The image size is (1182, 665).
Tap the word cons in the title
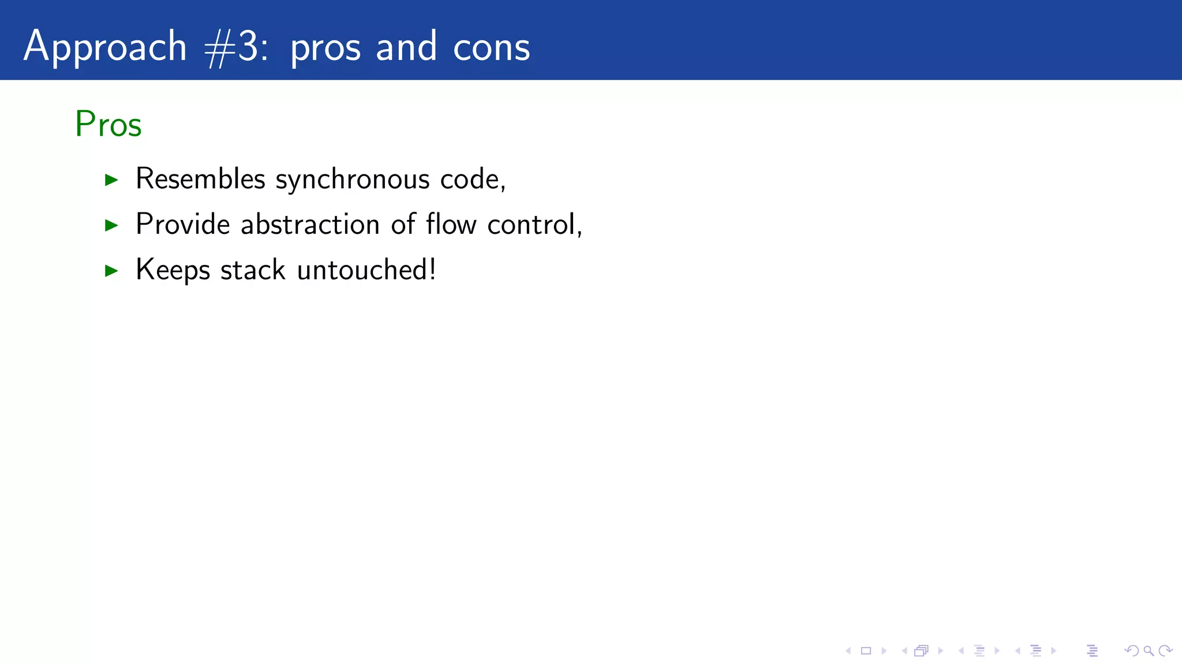[491, 47]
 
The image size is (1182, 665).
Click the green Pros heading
[108, 124]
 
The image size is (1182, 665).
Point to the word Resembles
[200, 178]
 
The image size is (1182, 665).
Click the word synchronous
[352, 180]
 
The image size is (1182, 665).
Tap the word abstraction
[310, 224]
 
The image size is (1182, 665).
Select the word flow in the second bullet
[451, 224]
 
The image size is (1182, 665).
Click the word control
[532, 224]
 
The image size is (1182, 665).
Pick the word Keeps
[173, 270]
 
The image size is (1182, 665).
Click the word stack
[253, 270]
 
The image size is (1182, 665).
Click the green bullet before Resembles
[111, 180]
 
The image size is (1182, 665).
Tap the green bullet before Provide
[111, 225]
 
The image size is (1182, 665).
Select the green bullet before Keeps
[111, 271]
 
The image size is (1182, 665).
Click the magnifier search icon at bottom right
[1149, 651]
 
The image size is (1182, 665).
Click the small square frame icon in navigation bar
[866, 651]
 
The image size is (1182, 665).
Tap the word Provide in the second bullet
[183, 224]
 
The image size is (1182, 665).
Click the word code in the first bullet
[469, 179]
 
